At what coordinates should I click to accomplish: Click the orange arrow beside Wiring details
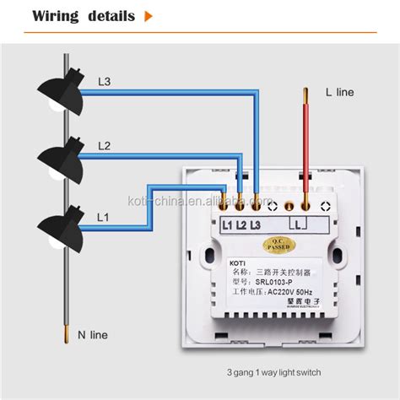149,15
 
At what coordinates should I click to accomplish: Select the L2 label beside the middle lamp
104,146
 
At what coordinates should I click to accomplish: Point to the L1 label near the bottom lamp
102,217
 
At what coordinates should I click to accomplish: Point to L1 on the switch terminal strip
228,225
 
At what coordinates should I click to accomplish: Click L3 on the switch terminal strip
254,225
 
